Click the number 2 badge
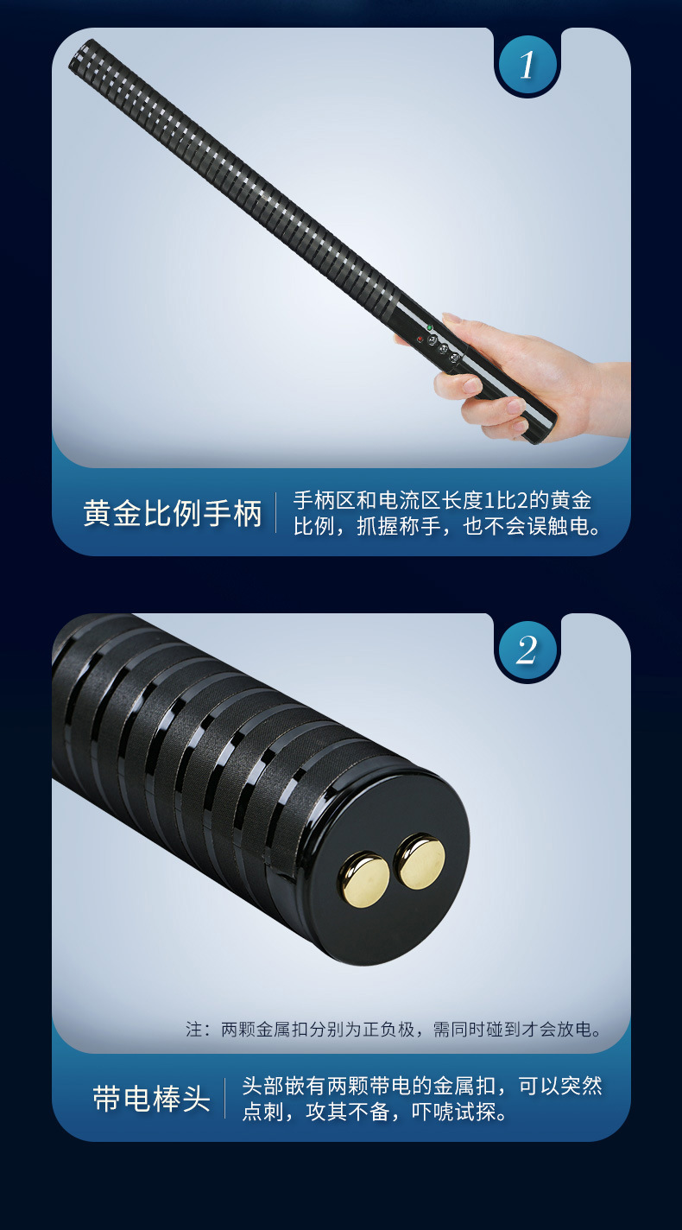(527, 650)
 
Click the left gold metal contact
(363, 879)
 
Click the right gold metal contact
(420, 861)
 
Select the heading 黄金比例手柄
(173, 513)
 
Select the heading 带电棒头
(151, 1099)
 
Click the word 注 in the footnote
(193, 1030)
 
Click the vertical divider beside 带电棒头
(224, 1099)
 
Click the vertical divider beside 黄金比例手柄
(276, 513)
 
